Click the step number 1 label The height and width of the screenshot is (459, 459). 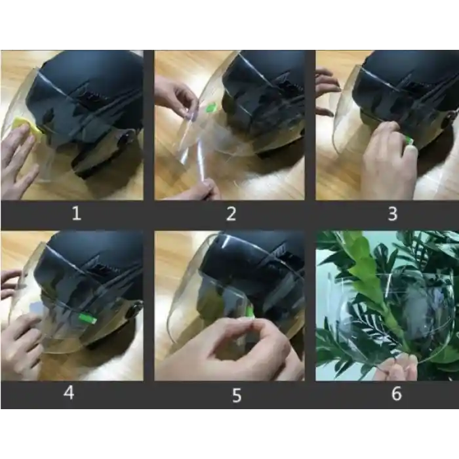pos(77,213)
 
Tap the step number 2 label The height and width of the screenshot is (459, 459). pos(231,214)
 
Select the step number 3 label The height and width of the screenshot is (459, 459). pos(393,214)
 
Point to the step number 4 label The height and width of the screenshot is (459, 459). pos(69,393)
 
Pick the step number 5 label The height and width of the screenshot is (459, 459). pos(237,395)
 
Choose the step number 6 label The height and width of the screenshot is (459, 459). pos(397,393)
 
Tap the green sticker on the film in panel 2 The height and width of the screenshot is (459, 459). pos(210,108)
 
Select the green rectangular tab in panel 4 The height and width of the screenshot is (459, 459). pos(87,319)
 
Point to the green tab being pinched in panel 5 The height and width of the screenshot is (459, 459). pos(250,311)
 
